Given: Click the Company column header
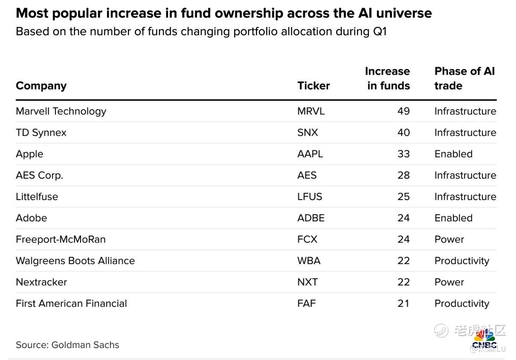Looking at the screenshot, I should (41, 86).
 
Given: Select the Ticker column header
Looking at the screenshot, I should (313, 86).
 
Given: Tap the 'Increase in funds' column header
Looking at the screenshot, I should (388, 78).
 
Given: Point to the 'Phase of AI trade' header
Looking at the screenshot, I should (464, 78).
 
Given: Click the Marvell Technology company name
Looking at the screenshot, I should (61, 111).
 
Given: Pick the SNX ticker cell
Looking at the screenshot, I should (307, 133).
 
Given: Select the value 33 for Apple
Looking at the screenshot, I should (403, 154).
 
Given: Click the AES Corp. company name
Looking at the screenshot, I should (39, 175).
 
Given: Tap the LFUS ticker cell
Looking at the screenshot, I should (310, 197).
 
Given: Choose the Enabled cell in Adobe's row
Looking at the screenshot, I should (453, 218).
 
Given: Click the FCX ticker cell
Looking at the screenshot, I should (307, 239).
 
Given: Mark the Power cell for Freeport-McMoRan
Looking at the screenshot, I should (449, 239).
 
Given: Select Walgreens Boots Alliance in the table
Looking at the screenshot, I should (75, 261).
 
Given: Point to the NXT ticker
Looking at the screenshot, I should (307, 282).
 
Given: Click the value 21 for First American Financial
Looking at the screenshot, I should (403, 303).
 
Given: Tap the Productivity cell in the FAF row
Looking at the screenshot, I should (461, 303).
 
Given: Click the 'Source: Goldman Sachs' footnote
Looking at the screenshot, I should (67, 345).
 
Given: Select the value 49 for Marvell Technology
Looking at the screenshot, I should (403, 111).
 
